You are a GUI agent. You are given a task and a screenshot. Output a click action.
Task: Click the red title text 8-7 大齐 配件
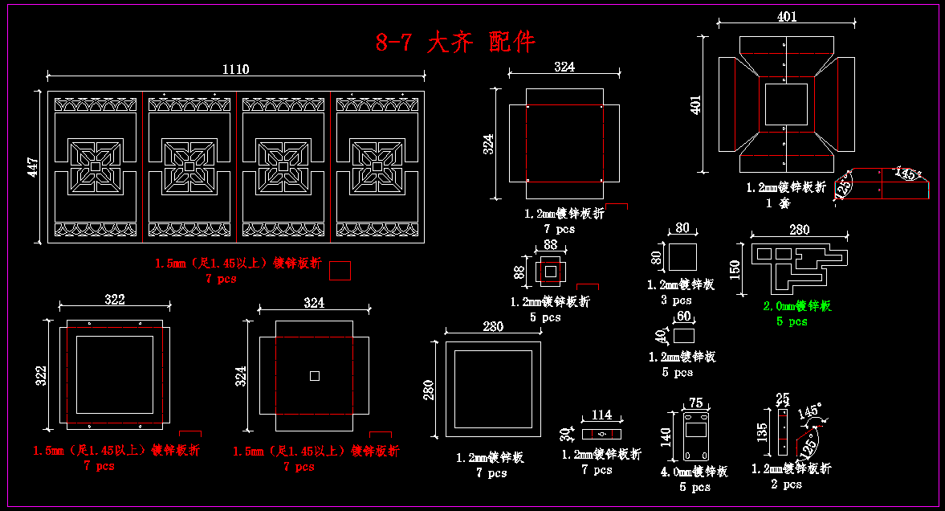tap(455, 42)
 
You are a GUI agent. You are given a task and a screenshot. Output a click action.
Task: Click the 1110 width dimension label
tap(235, 69)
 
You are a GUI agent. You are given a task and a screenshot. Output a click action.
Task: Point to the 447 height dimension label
tap(32, 166)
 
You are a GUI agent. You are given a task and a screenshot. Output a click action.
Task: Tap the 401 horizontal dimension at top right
tap(787, 16)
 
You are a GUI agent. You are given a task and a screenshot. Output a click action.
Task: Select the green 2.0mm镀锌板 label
tap(796, 306)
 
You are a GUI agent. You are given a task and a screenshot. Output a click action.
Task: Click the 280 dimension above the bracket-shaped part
tap(799, 230)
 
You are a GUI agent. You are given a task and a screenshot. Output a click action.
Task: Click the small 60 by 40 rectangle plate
tap(683, 334)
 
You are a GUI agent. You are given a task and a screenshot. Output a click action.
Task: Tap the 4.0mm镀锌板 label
tap(694, 472)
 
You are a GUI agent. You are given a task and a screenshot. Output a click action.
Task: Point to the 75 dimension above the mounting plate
tap(695, 403)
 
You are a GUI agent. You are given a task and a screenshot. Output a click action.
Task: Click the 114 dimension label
tap(601, 415)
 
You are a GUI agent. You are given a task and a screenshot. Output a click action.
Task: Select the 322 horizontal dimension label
tap(115, 300)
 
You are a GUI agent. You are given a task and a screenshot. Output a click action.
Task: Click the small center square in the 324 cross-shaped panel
tap(315, 376)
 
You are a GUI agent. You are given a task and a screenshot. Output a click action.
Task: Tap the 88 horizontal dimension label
tap(550, 244)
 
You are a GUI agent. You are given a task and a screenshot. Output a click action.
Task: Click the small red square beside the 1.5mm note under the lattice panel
tap(340, 271)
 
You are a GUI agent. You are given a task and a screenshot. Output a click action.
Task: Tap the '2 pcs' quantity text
tap(786, 484)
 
